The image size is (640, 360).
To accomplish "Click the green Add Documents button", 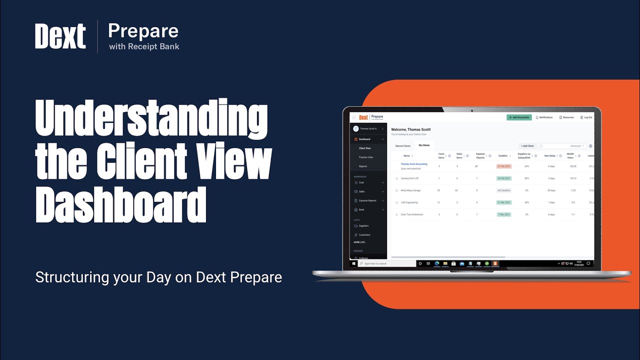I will (519, 117).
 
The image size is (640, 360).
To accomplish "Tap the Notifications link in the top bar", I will (544, 117).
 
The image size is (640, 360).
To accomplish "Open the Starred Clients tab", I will (402, 146).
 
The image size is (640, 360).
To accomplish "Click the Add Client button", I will (527, 146).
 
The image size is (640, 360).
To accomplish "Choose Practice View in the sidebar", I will (365, 157).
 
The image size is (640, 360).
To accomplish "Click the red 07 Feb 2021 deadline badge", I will (503, 166).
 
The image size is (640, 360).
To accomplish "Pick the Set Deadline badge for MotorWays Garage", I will (503, 190).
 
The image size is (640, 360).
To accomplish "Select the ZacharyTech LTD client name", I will (409, 178).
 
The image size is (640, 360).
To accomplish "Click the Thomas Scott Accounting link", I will (414, 164).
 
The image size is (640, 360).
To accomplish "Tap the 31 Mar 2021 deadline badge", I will (503, 202).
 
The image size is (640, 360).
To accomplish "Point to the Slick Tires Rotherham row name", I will (412, 214).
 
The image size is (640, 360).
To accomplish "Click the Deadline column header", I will (503, 155).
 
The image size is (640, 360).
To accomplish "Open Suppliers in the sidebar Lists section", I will (363, 226).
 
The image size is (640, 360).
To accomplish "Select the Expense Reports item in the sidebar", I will (367, 200).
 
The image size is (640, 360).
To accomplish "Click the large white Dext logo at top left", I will (60, 36).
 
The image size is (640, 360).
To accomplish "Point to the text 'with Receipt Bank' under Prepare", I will (144, 47).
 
